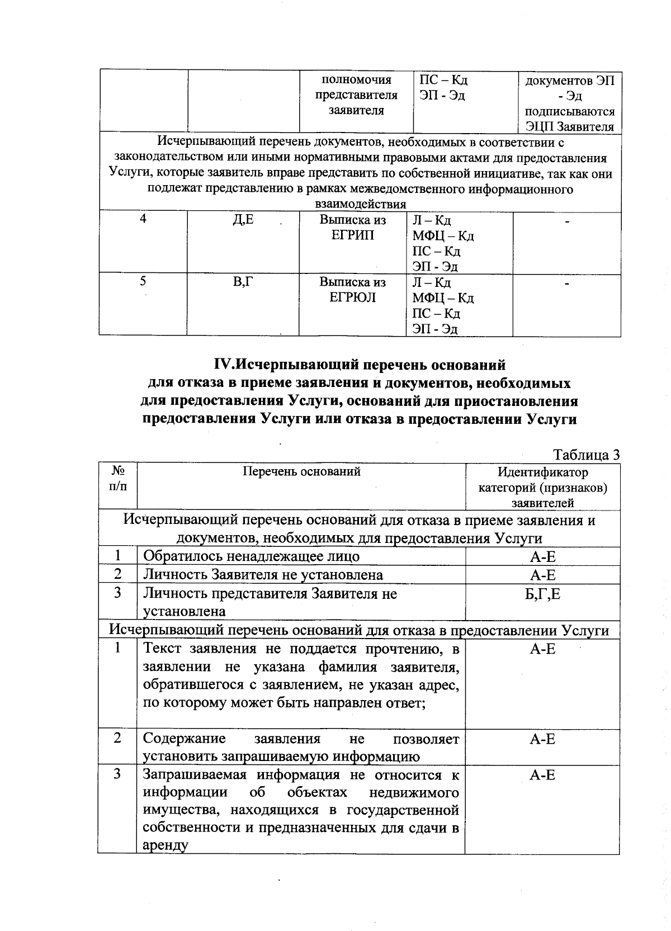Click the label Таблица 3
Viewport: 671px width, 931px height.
point(586,454)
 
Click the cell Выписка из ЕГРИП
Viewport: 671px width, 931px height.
point(353,228)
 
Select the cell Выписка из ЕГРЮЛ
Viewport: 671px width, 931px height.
point(353,290)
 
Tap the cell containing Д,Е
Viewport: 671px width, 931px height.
point(243,220)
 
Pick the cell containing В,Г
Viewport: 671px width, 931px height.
point(243,282)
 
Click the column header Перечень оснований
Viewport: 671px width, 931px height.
point(301,471)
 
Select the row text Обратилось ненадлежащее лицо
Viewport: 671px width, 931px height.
point(251,556)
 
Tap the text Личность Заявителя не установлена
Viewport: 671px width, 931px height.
point(263,575)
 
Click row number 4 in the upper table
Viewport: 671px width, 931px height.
point(143,219)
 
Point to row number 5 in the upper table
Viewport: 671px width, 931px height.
point(143,281)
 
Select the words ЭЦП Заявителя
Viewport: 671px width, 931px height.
point(569,126)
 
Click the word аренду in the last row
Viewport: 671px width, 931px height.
point(165,845)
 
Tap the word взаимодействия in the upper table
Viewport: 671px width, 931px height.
point(361,204)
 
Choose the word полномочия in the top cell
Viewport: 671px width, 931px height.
point(356,80)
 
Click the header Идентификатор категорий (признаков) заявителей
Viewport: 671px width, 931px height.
point(542,488)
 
